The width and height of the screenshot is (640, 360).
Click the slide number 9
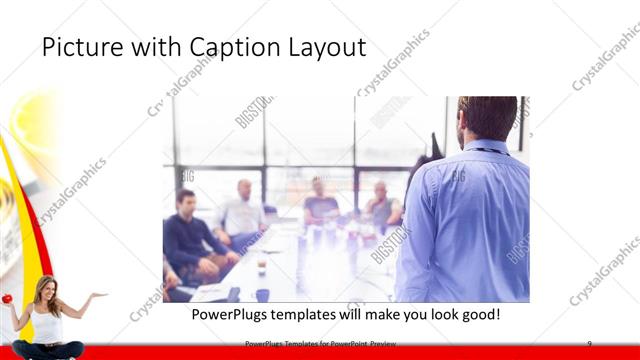click(x=590, y=344)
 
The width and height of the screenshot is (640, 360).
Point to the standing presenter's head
click(x=489, y=118)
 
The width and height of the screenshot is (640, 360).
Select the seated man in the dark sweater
click(x=188, y=235)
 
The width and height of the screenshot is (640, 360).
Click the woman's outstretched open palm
click(x=97, y=296)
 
